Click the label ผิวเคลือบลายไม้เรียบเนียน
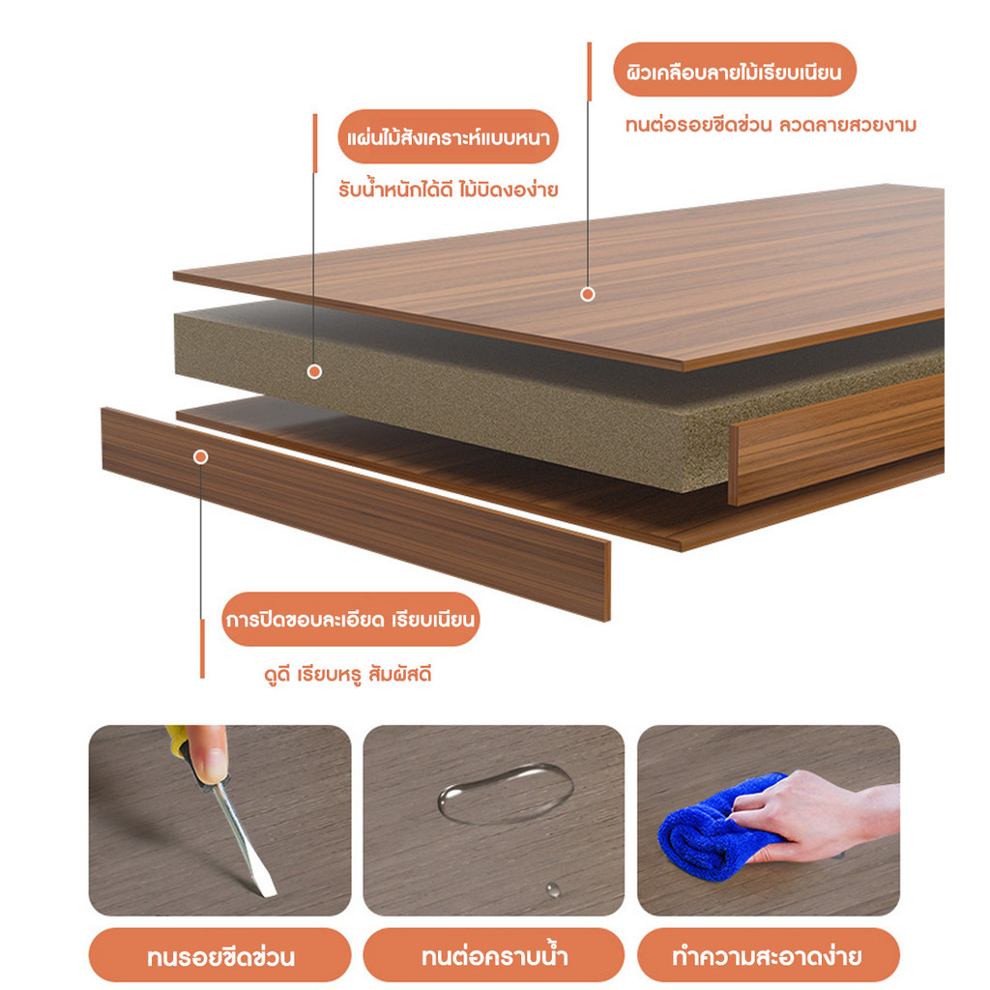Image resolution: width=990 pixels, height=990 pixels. click(735, 70)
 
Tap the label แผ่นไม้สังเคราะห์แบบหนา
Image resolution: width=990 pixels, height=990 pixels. click(449, 136)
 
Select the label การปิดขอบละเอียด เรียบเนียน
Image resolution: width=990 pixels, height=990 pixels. click(350, 619)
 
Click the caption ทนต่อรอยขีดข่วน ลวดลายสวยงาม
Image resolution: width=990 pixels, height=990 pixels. click(771, 125)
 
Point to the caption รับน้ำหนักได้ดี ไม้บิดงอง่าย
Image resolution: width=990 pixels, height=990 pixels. click(449, 189)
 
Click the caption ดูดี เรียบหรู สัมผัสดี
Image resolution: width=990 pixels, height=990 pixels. click(348, 674)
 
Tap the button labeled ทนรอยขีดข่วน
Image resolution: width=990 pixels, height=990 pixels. click(220, 956)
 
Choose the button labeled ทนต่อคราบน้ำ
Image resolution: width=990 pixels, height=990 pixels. click(494, 956)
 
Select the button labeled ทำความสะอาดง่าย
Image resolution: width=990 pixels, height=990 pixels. click(768, 956)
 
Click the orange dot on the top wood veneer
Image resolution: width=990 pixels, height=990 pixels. click(588, 294)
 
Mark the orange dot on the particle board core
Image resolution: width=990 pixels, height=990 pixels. click(314, 371)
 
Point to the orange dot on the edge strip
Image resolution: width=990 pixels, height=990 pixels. click(201, 456)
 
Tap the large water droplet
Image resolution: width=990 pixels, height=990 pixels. click(506, 793)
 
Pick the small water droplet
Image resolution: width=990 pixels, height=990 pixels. click(552, 889)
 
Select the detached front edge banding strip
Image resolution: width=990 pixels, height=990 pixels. click(356, 513)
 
